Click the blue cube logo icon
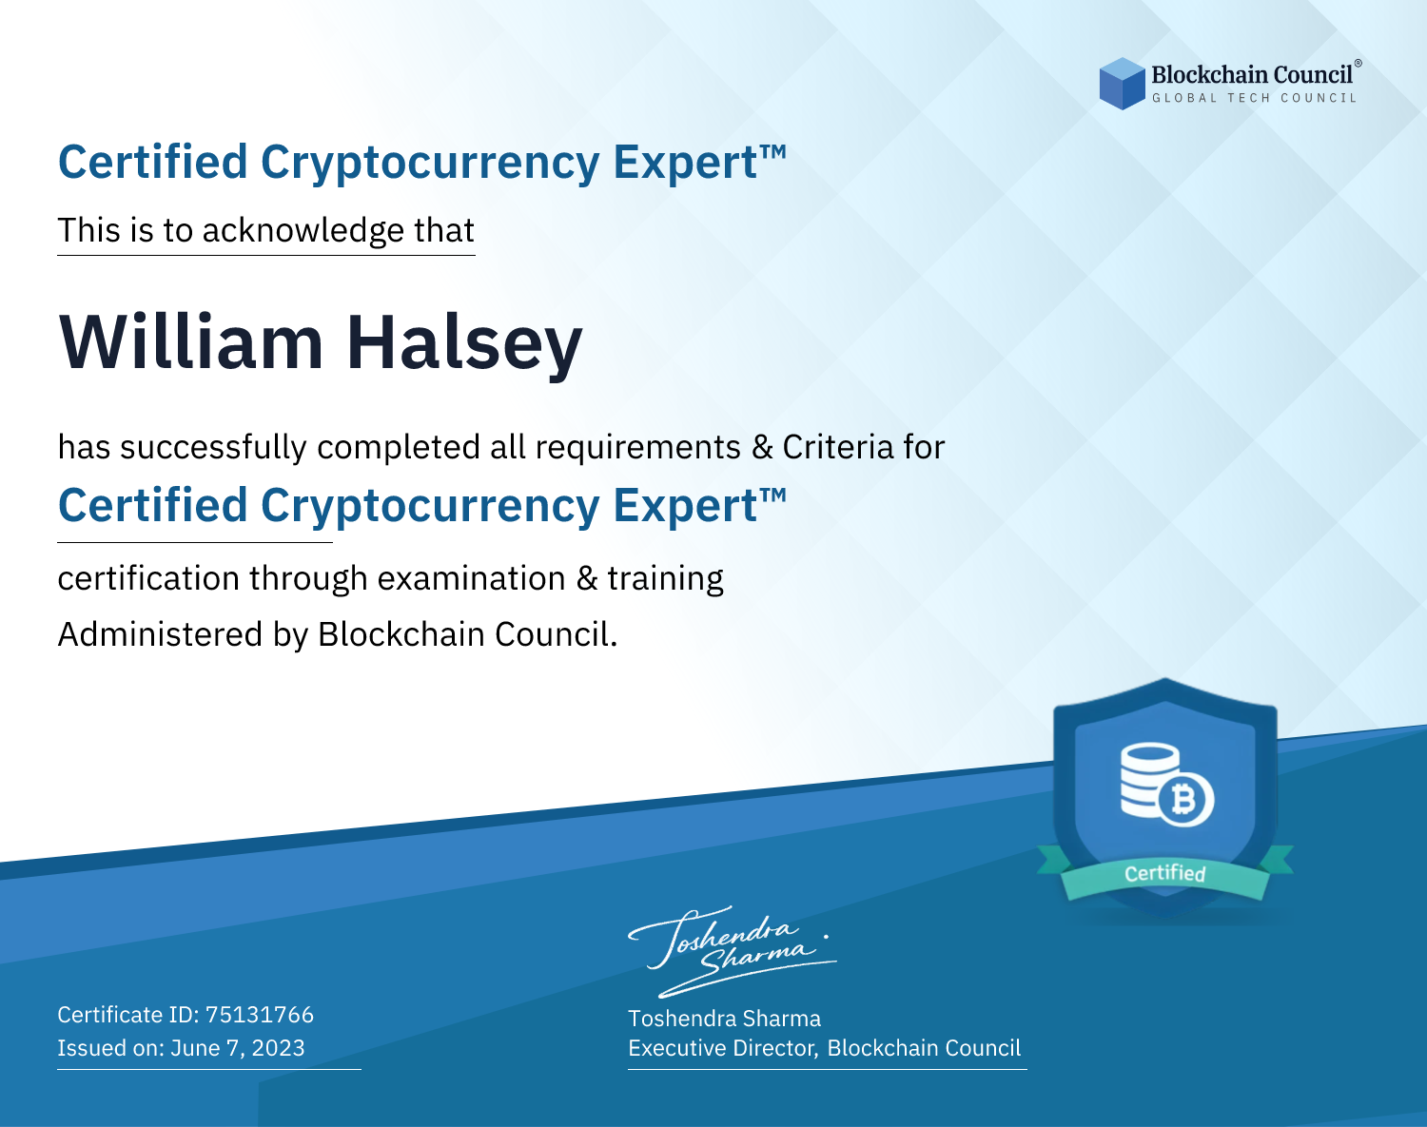pyautogui.click(x=1122, y=84)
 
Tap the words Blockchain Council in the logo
pyautogui.click(x=1252, y=75)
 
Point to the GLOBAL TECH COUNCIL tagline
pyautogui.click(x=1254, y=98)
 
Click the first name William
pyautogui.click(x=191, y=342)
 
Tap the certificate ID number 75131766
pyautogui.click(x=260, y=1014)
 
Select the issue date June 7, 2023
pyautogui.click(x=238, y=1047)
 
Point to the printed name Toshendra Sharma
pyautogui.click(x=724, y=1019)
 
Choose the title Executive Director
pyautogui.click(x=722, y=1048)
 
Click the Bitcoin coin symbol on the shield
pyautogui.click(x=1185, y=800)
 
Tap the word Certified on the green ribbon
pyautogui.click(x=1165, y=873)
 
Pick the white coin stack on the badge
pyautogui.click(x=1148, y=780)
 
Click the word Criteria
pyautogui.click(x=837, y=447)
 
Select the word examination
pyautogui.click(x=472, y=578)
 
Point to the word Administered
pyautogui.click(x=161, y=633)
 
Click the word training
pyautogui.click(x=665, y=579)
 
